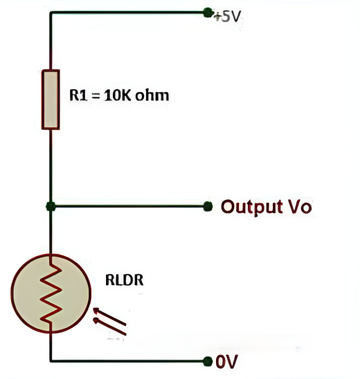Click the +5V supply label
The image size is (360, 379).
(x=227, y=17)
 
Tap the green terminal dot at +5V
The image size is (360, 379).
(x=208, y=12)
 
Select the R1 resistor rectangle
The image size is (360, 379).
(x=51, y=100)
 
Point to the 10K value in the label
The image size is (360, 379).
(x=117, y=95)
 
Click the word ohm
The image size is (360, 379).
(x=152, y=95)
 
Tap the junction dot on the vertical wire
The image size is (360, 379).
(x=51, y=206)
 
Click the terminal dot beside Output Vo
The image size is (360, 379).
(x=208, y=206)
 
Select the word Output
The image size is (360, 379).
(x=252, y=207)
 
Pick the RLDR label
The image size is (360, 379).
(x=125, y=280)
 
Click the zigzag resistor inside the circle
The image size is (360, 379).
(x=51, y=294)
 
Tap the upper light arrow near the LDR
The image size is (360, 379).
(x=109, y=316)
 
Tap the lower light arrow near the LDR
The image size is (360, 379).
(x=109, y=327)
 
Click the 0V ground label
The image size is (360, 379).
(x=226, y=362)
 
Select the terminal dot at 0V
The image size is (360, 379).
(x=208, y=361)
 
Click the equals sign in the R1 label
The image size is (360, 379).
(x=96, y=95)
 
